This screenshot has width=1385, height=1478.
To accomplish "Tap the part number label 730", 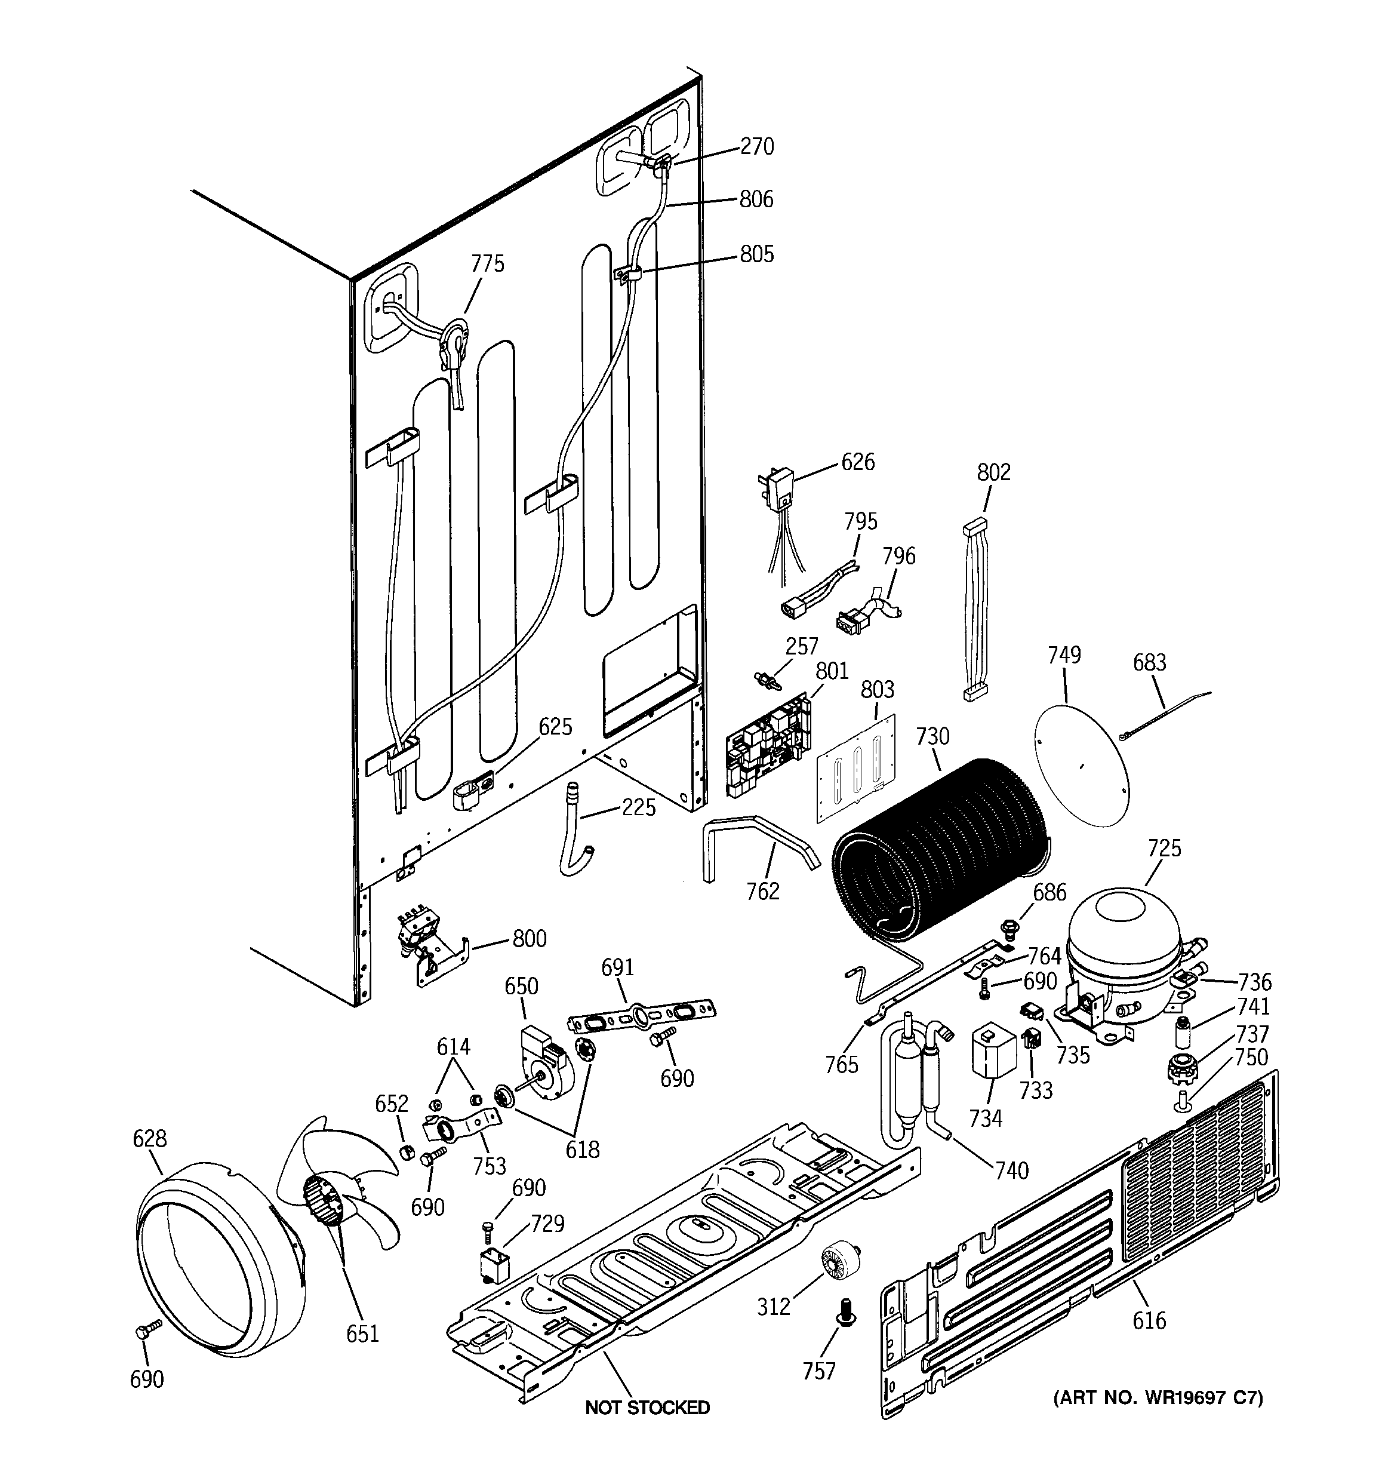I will tap(932, 736).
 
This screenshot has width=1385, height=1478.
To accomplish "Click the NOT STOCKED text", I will tap(647, 1408).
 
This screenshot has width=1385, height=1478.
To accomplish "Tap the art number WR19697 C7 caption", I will tap(1158, 1398).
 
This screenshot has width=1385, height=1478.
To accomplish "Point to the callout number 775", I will tap(487, 264).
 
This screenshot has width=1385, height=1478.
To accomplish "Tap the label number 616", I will tap(1149, 1320).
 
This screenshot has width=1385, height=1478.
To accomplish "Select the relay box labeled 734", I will tap(994, 1051).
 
